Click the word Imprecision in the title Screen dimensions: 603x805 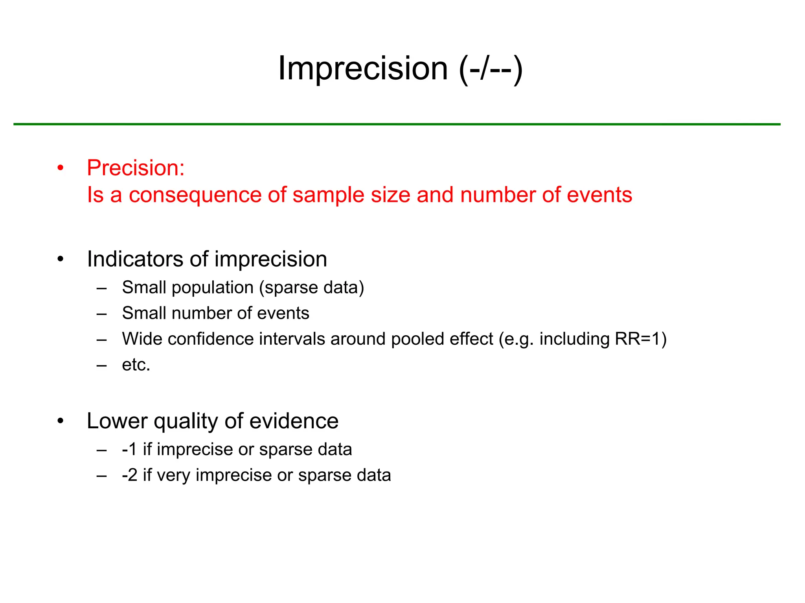(363, 68)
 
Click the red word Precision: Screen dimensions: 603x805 (136, 168)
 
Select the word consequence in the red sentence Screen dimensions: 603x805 (195, 195)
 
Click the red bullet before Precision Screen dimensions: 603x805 (60, 168)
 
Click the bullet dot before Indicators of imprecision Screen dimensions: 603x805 (60, 259)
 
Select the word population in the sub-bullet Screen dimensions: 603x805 (212, 288)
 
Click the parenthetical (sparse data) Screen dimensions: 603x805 (311, 288)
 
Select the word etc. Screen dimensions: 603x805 (136, 365)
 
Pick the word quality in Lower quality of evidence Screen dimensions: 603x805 (186, 422)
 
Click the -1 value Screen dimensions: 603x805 (129, 450)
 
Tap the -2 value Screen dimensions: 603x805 (130, 475)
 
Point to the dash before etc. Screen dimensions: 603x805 (102, 365)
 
